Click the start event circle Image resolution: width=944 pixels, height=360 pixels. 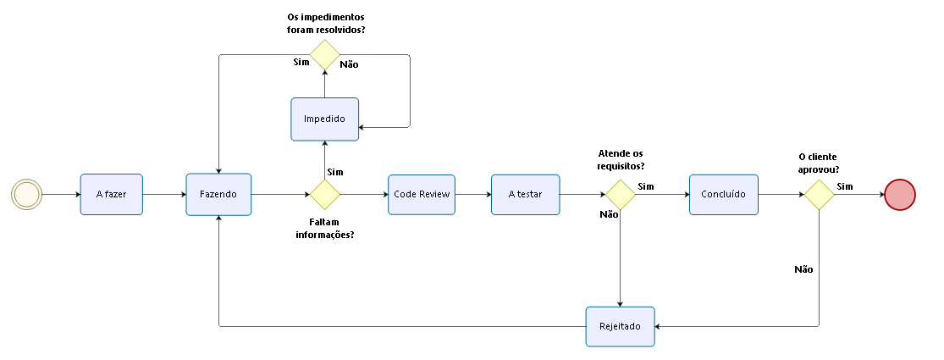point(26,194)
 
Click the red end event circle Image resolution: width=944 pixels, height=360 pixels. point(900,194)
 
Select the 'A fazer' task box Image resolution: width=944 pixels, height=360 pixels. point(111,194)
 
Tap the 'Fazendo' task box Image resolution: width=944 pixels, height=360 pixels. point(218,194)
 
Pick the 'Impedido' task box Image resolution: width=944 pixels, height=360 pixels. point(324,119)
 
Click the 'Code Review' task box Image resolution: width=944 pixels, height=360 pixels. point(422,194)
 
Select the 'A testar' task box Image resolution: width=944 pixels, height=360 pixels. point(525,194)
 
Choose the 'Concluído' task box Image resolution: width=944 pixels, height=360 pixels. point(723,194)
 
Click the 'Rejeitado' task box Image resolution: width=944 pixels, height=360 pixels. point(621,326)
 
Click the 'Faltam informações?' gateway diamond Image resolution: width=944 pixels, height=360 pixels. point(324,194)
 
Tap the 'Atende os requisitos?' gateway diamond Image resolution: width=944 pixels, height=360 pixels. point(621,194)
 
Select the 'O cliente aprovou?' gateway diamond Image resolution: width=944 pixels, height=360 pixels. point(819,194)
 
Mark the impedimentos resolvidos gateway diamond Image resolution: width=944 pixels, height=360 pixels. point(324,56)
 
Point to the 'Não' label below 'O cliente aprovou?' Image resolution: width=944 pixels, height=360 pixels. point(803,269)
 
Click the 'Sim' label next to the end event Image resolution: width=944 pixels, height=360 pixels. point(845,186)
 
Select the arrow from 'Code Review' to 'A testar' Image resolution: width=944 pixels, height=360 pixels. point(472,194)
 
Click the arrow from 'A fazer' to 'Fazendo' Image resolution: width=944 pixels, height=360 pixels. point(164,194)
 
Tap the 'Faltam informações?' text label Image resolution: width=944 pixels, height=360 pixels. point(324,229)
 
